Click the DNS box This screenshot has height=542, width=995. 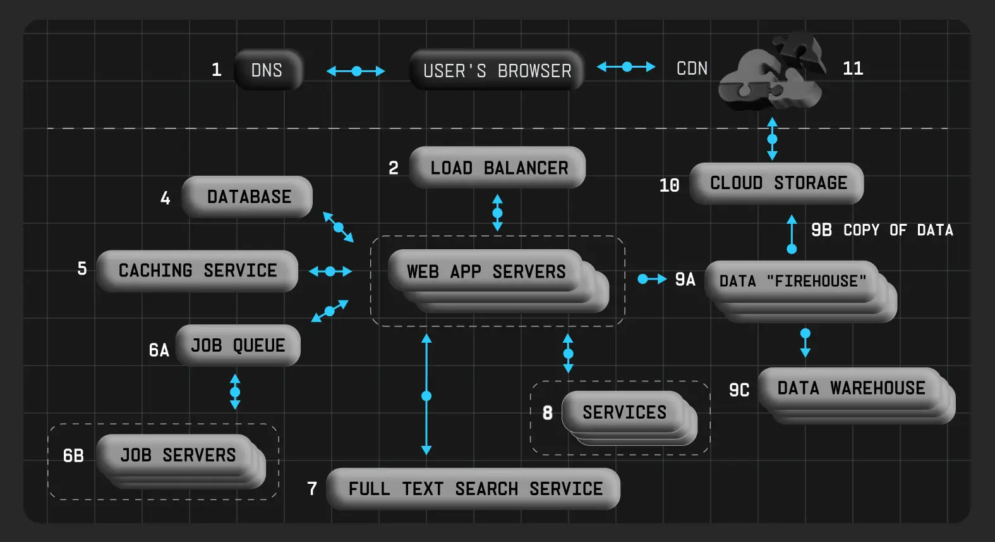(268, 70)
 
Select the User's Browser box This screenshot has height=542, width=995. (497, 70)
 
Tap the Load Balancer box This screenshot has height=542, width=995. (498, 168)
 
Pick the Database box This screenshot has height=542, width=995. (248, 197)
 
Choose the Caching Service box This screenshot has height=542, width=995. (197, 271)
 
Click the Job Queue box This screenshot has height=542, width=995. (238, 345)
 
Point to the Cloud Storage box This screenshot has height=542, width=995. (777, 183)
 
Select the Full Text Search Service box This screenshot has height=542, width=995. (474, 488)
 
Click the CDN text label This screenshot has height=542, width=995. (692, 68)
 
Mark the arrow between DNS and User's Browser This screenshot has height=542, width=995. (356, 71)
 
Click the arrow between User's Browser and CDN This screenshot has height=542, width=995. (626, 66)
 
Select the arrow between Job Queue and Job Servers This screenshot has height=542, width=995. (235, 391)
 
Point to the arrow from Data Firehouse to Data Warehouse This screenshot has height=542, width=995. (805, 342)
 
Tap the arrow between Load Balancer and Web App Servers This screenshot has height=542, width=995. (497, 212)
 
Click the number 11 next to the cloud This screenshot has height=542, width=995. (853, 68)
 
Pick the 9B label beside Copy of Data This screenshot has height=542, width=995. (821, 230)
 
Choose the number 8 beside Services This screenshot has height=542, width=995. (547, 413)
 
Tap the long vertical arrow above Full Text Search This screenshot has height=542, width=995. (426, 395)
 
